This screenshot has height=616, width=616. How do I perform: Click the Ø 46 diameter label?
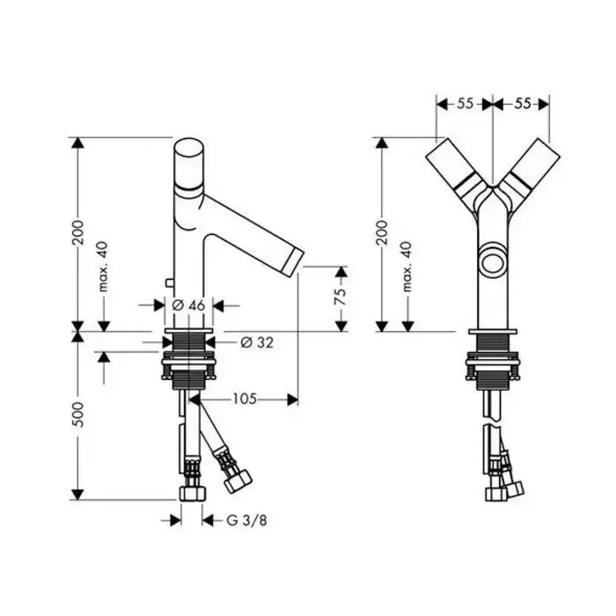click(x=188, y=305)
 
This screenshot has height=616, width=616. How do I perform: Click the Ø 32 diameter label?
click(x=257, y=342)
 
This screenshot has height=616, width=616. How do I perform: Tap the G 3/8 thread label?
click(x=246, y=521)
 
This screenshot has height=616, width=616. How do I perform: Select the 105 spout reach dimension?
click(x=245, y=400)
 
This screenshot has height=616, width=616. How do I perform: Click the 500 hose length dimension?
click(x=78, y=414)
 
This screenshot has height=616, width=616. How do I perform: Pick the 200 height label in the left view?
click(x=78, y=232)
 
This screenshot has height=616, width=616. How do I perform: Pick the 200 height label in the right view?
click(x=381, y=232)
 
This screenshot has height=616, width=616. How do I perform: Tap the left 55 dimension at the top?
click(x=465, y=104)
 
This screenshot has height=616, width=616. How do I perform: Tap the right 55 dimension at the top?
click(x=522, y=104)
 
